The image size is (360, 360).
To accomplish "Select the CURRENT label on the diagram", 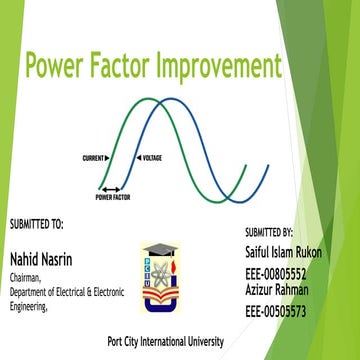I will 96,159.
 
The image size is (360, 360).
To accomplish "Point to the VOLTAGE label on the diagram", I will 152,159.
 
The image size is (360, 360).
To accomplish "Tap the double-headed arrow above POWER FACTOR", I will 110,189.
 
